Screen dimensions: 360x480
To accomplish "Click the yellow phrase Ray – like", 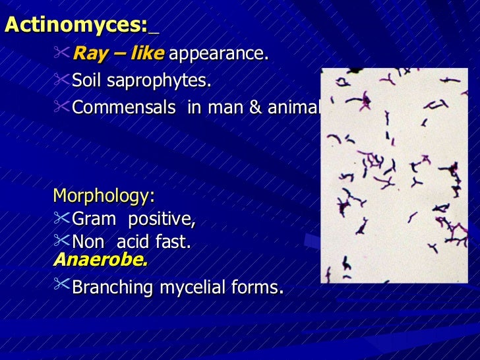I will [x=118, y=53].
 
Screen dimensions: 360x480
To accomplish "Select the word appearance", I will [x=218, y=53].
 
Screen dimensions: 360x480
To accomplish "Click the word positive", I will [x=162, y=219].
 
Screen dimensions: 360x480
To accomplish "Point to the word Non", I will [x=87, y=243].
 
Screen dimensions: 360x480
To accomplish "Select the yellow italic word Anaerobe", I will [x=100, y=259].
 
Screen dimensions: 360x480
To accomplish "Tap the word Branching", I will [x=109, y=288].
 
